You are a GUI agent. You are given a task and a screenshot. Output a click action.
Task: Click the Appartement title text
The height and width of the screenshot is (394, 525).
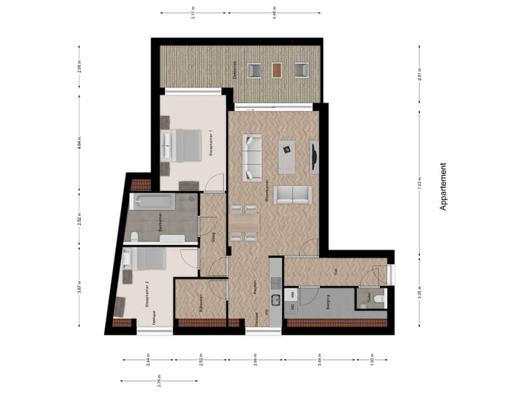tap(443, 187)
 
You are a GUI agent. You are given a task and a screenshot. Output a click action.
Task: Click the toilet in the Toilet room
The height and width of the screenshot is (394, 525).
tap(376, 298)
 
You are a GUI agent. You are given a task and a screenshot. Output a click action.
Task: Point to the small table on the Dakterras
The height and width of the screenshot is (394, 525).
tap(276, 70)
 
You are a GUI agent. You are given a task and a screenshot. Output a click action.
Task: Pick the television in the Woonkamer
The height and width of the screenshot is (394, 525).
tap(314, 156)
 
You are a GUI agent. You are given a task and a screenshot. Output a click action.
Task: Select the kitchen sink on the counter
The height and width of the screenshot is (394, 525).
tap(275, 300)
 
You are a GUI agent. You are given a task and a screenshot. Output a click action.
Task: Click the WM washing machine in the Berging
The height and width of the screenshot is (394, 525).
tap(292, 294)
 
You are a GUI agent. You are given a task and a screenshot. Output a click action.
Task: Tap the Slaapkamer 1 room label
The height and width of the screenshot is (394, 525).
tap(211, 144)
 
